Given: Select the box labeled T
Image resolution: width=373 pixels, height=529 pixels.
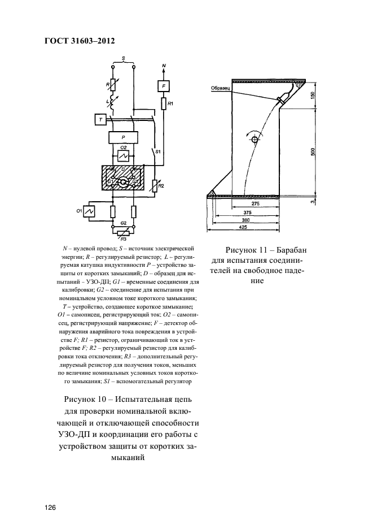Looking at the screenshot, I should click(x=100, y=119).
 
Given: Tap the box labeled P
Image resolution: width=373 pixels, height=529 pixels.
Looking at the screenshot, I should click(x=123, y=137).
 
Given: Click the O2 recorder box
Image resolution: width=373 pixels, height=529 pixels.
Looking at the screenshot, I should click(x=123, y=154).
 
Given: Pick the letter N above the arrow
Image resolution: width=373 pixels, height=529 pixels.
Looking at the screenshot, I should click(x=164, y=66).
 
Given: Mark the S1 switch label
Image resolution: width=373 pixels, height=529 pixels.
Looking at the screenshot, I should click(x=159, y=153).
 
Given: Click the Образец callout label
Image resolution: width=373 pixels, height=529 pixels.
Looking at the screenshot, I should click(x=218, y=88).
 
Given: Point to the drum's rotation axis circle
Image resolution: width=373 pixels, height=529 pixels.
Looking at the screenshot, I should click(x=255, y=138).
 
